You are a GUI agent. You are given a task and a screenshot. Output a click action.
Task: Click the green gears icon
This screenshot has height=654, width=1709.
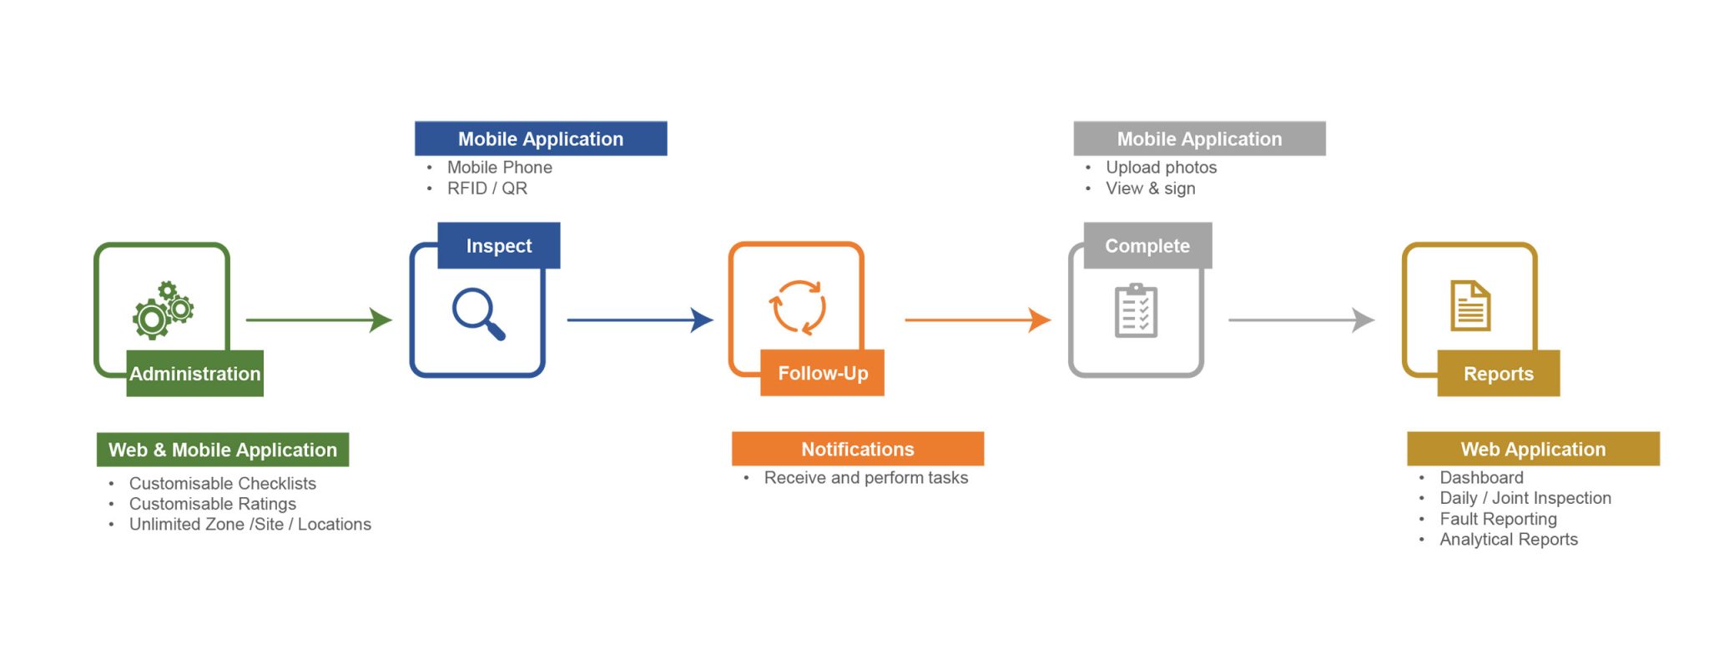(x=163, y=310)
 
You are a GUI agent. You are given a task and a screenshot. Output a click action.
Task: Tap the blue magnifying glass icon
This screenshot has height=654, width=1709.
(x=478, y=314)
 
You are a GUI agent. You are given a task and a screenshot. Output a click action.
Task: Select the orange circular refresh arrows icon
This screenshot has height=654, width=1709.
(x=798, y=307)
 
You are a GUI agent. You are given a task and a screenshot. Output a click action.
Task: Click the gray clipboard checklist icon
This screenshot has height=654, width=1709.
(x=1136, y=310)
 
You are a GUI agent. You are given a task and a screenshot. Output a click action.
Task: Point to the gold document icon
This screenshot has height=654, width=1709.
(x=1470, y=305)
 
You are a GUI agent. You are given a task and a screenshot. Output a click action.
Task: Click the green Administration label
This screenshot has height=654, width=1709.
(x=195, y=374)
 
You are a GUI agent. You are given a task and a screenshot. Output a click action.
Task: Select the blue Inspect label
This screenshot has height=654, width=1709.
(x=499, y=245)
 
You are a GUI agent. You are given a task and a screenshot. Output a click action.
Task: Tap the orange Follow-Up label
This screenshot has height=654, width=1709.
(x=823, y=373)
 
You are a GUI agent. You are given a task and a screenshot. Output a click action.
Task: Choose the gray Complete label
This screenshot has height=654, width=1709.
(x=1147, y=245)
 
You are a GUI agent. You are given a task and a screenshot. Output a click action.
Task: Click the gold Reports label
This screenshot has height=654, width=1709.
(x=1499, y=374)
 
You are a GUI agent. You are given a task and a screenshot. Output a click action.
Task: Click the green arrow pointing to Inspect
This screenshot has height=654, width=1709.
(x=319, y=319)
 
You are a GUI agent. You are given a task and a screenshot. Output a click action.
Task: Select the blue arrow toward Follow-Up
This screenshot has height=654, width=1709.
(x=640, y=319)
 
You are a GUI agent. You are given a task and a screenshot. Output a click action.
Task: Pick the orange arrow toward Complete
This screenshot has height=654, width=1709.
(x=978, y=319)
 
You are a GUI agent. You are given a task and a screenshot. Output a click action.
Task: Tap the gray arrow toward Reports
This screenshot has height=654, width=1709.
(x=1302, y=319)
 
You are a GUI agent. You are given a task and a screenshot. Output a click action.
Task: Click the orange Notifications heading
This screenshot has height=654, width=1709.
(x=858, y=449)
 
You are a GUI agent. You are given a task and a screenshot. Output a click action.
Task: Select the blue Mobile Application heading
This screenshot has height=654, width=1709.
(x=541, y=138)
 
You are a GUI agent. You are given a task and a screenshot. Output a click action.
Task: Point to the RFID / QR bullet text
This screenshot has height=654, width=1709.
(x=487, y=189)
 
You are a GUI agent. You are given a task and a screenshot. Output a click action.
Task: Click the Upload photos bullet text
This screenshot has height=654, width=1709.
(x=1162, y=168)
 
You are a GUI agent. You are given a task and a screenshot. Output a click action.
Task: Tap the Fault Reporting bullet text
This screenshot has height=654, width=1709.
(x=1499, y=519)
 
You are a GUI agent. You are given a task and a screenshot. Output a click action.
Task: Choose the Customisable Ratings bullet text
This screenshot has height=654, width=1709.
(x=213, y=504)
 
